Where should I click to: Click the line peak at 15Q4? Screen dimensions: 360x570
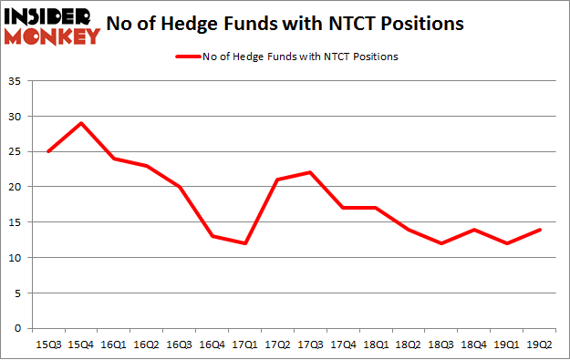(x=81, y=123)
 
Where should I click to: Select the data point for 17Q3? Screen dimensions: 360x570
(x=310, y=172)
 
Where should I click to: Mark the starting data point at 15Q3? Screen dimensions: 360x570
(x=48, y=151)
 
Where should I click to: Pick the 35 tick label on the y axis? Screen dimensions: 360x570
(x=16, y=81)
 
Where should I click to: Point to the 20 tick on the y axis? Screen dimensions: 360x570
(x=16, y=187)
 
